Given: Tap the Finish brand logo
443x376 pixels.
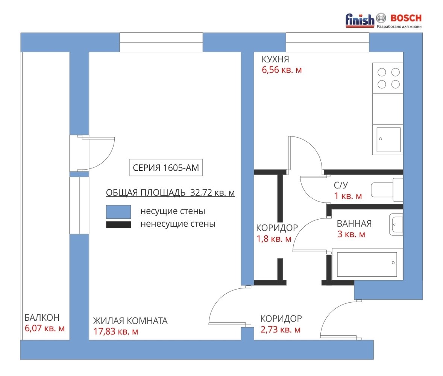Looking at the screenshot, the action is click(360, 20).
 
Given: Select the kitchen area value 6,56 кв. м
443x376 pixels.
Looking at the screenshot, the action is click(282, 70).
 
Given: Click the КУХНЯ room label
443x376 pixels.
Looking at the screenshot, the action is click(275, 59).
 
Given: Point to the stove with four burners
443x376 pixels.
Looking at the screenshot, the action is click(388, 78).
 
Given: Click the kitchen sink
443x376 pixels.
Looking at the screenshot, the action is click(388, 140).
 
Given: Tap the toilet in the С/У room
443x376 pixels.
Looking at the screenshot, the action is click(387, 190).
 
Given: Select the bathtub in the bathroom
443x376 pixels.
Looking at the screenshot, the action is click(367, 264).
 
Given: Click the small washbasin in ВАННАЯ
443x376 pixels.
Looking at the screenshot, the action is click(396, 224).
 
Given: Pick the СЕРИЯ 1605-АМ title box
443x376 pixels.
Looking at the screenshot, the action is click(166, 168).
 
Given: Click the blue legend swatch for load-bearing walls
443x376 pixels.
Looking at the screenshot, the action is click(118, 212).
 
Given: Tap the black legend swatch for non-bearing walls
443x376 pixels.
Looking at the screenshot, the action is click(118, 224).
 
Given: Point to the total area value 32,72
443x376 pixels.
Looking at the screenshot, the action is click(201, 193).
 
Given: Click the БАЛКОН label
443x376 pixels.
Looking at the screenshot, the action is click(42, 317).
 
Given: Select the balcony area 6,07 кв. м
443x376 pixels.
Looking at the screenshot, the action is click(45, 328).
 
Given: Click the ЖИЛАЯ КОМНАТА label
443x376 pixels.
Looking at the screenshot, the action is click(130, 321).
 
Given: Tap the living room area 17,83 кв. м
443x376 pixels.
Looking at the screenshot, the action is click(115, 331).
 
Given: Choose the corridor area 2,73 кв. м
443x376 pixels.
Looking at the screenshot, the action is click(280, 330).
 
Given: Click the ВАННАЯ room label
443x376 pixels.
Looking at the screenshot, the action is click(354, 224).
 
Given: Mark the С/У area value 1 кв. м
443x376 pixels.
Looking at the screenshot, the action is click(348, 196).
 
